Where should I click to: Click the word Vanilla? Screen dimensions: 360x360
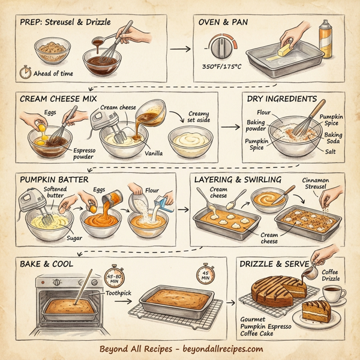pos(154,153)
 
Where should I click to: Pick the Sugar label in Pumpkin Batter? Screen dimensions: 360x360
pos(73,238)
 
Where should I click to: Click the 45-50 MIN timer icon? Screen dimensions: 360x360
pos(114,275)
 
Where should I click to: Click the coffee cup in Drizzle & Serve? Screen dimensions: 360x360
pos(332,295)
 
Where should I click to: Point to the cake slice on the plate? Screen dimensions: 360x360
pos(319,313)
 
